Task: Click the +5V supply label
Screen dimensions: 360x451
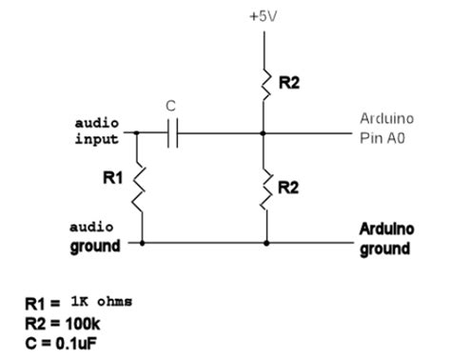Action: pos(265,16)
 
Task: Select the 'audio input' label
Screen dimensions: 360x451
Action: pos(98,131)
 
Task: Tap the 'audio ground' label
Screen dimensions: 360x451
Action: pos(96,237)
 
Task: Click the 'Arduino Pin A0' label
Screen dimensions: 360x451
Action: pos(385,127)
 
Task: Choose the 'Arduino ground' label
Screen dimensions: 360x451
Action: pos(384,239)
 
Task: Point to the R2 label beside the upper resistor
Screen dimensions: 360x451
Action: pos(288,85)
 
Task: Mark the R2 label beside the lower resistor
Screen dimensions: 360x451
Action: pos(288,188)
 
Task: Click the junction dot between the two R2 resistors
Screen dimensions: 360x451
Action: pos(265,132)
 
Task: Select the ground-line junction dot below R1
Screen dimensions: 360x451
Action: pos(142,243)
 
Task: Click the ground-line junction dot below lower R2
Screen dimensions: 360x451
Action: pos(265,243)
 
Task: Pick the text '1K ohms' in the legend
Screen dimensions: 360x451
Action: pos(99,301)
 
